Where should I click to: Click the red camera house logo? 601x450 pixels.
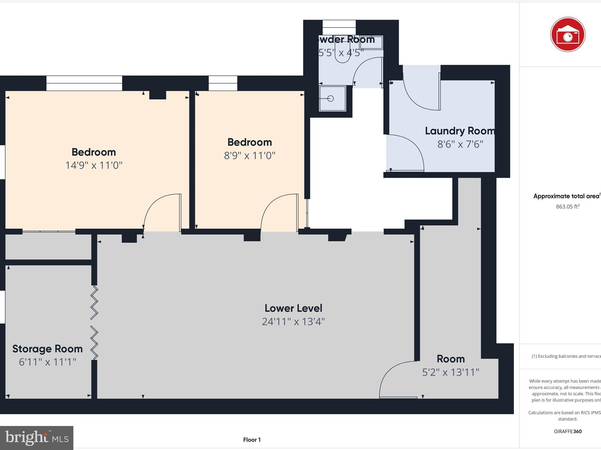tap(568, 35)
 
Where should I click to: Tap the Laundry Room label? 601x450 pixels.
tap(460, 131)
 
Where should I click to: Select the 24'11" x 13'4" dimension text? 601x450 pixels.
tap(293, 322)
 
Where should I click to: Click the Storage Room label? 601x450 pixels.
tap(48, 349)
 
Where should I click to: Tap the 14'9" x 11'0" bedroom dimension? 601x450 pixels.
tap(94, 165)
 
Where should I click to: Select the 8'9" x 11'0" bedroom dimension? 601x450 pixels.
tap(249, 155)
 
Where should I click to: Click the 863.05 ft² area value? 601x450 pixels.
tap(568, 207)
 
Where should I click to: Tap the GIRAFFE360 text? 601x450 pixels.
tap(568, 431)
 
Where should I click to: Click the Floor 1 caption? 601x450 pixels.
tap(252, 440)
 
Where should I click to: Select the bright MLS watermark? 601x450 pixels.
tap(37, 438)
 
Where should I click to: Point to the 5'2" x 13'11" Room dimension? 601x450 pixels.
tap(450, 372)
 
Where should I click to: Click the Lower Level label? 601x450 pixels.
tap(293, 308)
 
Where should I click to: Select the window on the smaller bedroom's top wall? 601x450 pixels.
tap(223, 83)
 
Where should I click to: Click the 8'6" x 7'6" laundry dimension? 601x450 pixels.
tap(460, 144)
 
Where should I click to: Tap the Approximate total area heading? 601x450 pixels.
tap(566, 196)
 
